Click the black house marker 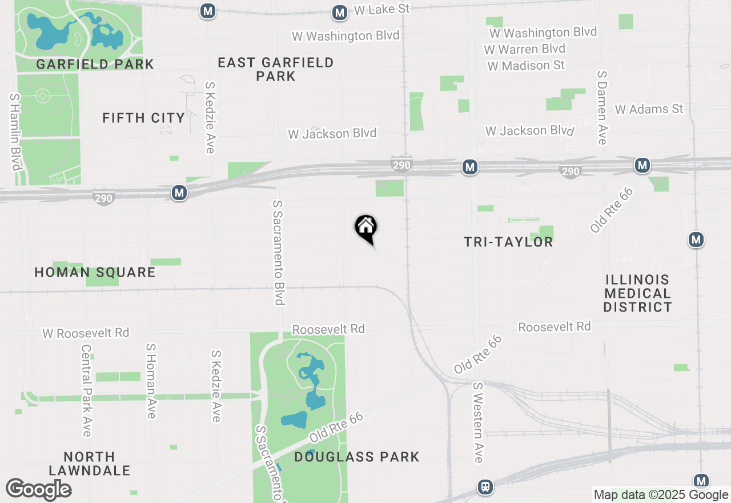pyautogui.click(x=366, y=227)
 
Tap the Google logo pyautogui.click(x=39, y=489)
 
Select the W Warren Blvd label pyautogui.click(x=524, y=49)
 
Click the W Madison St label pyautogui.click(x=526, y=66)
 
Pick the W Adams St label pyautogui.click(x=649, y=109)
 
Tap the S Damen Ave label pyautogui.click(x=601, y=107)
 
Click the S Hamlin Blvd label pyautogui.click(x=15, y=131)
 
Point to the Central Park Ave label pyautogui.click(x=86, y=390)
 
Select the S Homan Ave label pyautogui.click(x=151, y=381)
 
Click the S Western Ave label pyautogui.click(x=478, y=422)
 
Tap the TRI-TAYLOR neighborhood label pyautogui.click(x=508, y=242)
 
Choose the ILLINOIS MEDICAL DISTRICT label pyautogui.click(x=637, y=293)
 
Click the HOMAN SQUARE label pyautogui.click(x=95, y=272)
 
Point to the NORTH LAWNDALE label pyautogui.click(x=90, y=464)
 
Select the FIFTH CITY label pyautogui.click(x=143, y=118)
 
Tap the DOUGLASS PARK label pyautogui.click(x=357, y=457)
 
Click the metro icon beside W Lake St pyautogui.click(x=340, y=13)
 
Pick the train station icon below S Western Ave pyautogui.click(x=485, y=487)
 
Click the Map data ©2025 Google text pyautogui.click(x=661, y=495)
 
